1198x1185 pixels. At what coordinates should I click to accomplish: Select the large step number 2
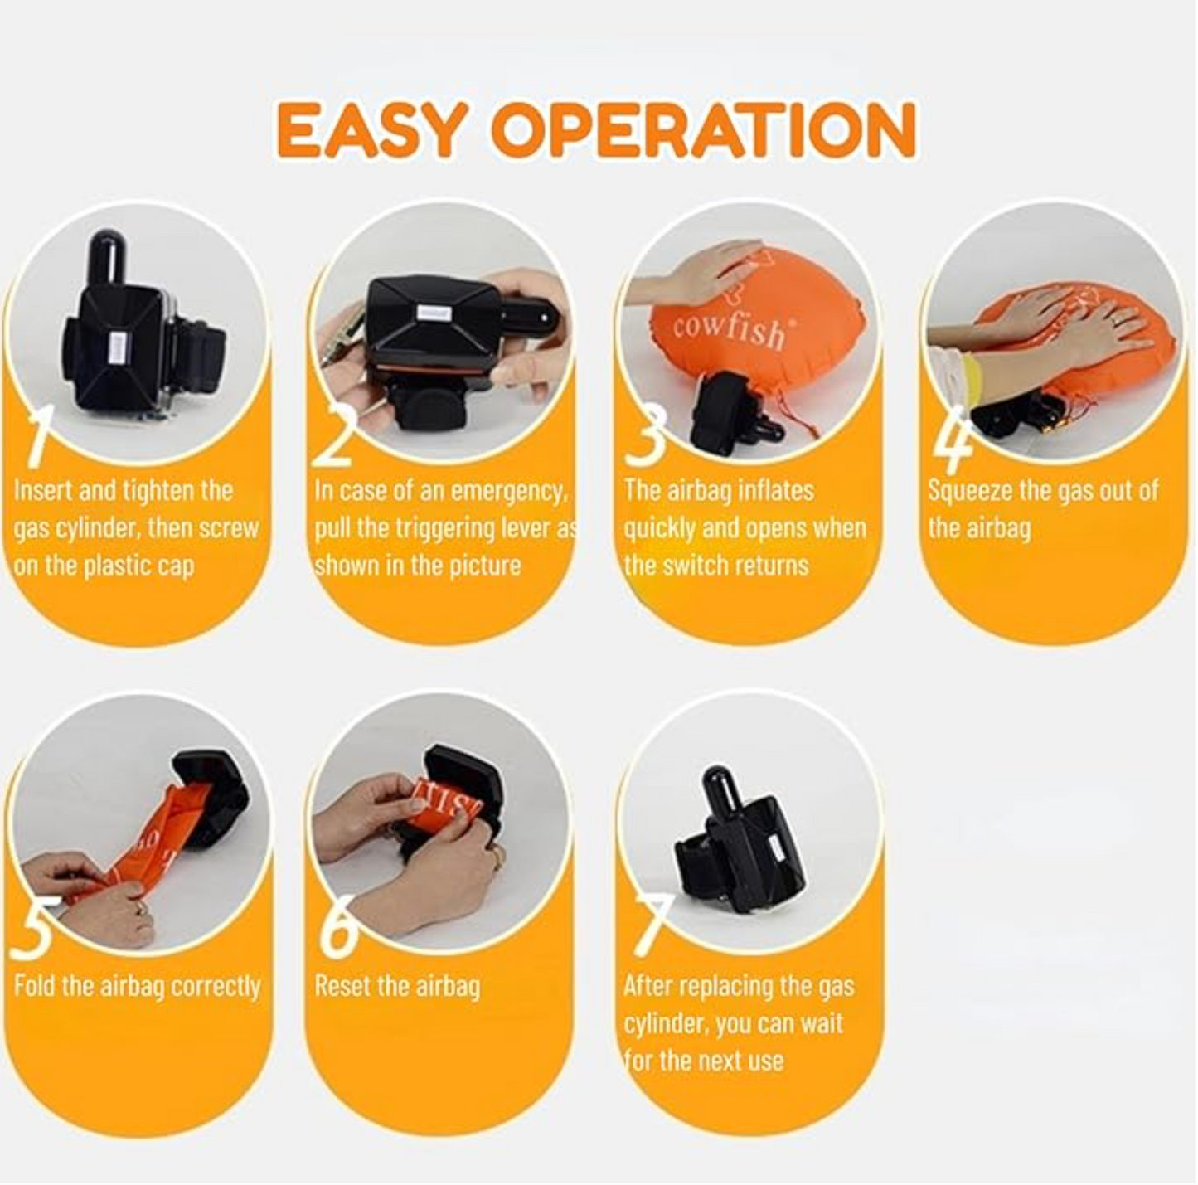(x=334, y=435)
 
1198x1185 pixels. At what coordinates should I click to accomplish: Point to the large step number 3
(x=645, y=435)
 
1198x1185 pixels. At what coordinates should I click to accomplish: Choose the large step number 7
(x=652, y=928)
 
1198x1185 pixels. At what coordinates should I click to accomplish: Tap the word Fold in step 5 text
(x=35, y=986)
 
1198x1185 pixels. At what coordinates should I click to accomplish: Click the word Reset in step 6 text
(x=344, y=986)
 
